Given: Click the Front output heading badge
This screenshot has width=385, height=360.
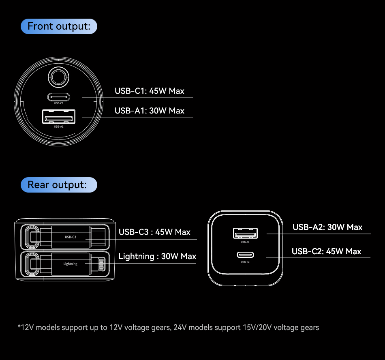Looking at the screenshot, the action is coord(59,26).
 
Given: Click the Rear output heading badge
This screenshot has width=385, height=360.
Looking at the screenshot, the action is coord(59,185).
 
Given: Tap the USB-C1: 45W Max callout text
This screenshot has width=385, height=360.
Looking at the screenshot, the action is coord(149,91).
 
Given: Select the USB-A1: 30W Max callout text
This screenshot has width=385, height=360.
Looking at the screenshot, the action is coord(149,111).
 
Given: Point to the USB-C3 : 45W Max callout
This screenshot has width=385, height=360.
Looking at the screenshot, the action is coord(154,232).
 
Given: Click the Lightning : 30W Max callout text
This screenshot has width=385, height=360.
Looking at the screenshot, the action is coord(157,256).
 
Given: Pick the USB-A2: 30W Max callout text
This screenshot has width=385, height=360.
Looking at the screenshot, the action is coord(327,227).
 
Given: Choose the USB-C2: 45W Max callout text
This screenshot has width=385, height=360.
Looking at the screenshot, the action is coord(326,251).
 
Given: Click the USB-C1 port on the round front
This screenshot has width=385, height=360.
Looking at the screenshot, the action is coord(59,97).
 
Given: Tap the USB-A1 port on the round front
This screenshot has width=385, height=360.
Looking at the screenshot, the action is coord(59,117).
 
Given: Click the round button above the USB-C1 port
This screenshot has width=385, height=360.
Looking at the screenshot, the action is coord(58,77).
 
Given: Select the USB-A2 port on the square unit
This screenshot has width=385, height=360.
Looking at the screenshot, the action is coord(245,233).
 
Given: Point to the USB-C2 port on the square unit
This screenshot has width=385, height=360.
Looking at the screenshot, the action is coord(245,255).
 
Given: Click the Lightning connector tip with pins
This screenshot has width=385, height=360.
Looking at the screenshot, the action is coord(101,264).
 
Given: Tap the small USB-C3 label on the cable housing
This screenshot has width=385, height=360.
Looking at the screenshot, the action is coord(71,237).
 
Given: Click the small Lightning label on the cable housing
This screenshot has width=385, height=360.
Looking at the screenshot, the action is coord(71,264).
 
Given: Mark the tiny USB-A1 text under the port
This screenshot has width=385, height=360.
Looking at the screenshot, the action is coord(59,126).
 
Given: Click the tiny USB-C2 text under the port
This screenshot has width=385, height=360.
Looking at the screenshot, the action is coord(245,262).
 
